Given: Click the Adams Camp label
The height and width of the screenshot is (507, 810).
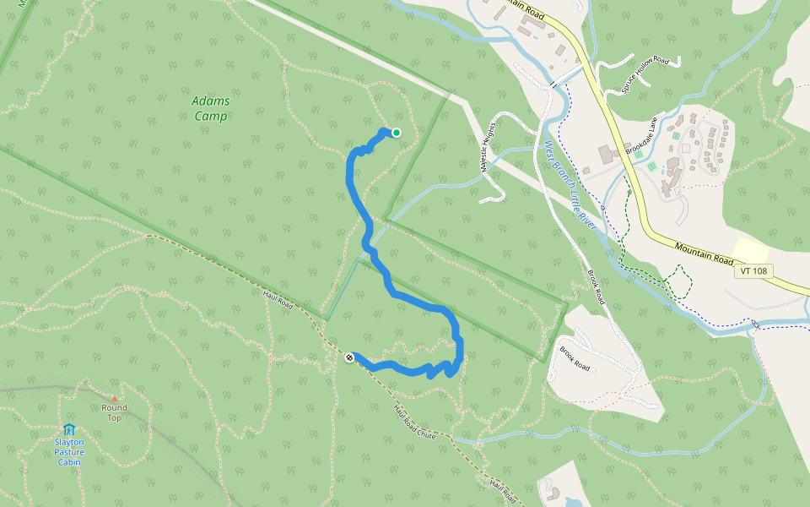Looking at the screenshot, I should pyautogui.click(x=211, y=108).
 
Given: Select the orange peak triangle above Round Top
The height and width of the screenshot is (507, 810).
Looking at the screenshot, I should pyautogui.click(x=114, y=397).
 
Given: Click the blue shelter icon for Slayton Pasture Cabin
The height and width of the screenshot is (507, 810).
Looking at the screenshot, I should pyautogui.click(x=69, y=430).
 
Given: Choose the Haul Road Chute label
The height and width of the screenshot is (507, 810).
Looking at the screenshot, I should pyautogui.click(x=414, y=421).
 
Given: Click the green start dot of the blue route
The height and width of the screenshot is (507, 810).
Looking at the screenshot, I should pyautogui.click(x=396, y=132).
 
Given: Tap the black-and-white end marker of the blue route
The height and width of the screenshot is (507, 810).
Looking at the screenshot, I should pyautogui.click(x=349, y=358).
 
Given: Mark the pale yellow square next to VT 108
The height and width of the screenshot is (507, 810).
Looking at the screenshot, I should pyautogui.click(x=750, y=250).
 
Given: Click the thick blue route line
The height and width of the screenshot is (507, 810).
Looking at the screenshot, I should pyautogui.click(x=350, y=182).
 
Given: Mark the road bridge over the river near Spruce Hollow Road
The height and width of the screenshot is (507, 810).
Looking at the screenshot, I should pyautogui.click(x=553, y=84).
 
